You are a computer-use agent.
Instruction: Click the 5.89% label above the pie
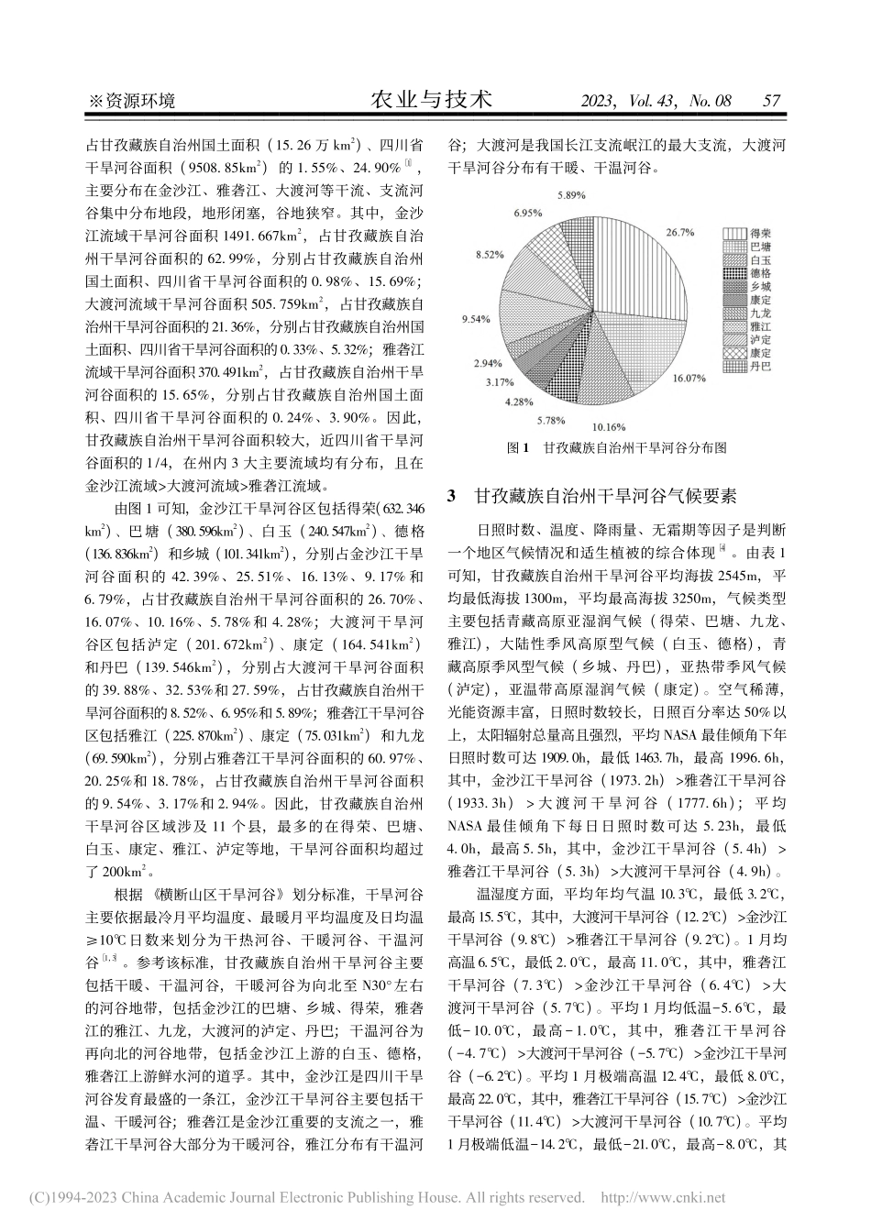click(x=573, y=195)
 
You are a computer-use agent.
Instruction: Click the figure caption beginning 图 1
click(x=616, y=449)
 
